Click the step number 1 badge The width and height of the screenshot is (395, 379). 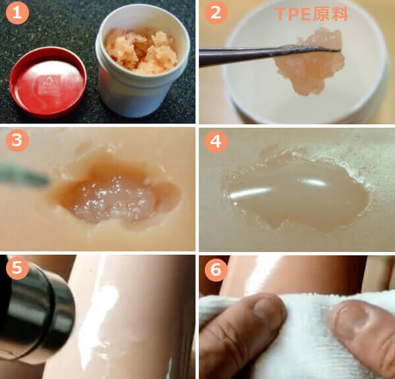(17, 13)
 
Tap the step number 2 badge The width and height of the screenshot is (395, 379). (216, 13)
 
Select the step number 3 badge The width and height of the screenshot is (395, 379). (17, 140)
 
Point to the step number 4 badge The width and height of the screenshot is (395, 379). (216, 141)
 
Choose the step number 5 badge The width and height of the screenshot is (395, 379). (17, 267)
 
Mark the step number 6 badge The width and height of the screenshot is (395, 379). (216, 270)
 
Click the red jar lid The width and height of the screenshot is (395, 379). (48, 82)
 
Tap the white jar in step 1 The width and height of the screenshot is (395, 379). (143, 61)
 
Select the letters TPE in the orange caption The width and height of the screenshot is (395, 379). (293, 14)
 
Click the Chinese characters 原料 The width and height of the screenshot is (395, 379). (330, 14)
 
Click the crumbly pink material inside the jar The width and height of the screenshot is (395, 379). (142, 51)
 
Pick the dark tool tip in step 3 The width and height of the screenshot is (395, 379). (24, 174)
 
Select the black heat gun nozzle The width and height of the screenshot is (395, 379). (36, 310)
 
